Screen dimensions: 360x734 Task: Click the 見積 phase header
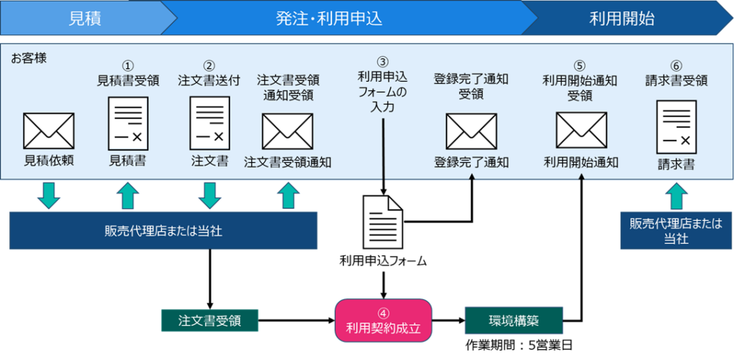85,19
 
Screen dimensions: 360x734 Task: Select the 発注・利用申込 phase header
329,19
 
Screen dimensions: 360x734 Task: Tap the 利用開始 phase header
621,19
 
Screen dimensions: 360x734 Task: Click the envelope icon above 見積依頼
49,131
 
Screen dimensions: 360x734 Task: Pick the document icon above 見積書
128,123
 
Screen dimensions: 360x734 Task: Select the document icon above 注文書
209,123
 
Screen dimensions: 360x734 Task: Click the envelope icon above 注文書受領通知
287,131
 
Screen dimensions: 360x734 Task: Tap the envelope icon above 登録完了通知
471,131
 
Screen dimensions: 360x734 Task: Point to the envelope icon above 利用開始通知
581,131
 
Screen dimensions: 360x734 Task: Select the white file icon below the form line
383,222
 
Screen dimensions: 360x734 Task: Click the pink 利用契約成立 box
383,321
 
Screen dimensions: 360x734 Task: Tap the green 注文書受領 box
209,321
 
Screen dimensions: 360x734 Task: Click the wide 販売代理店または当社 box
163,230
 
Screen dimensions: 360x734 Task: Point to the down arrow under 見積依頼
49,194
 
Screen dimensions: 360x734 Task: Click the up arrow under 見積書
128,194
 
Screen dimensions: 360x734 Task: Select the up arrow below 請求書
676,194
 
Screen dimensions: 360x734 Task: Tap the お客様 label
29,57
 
